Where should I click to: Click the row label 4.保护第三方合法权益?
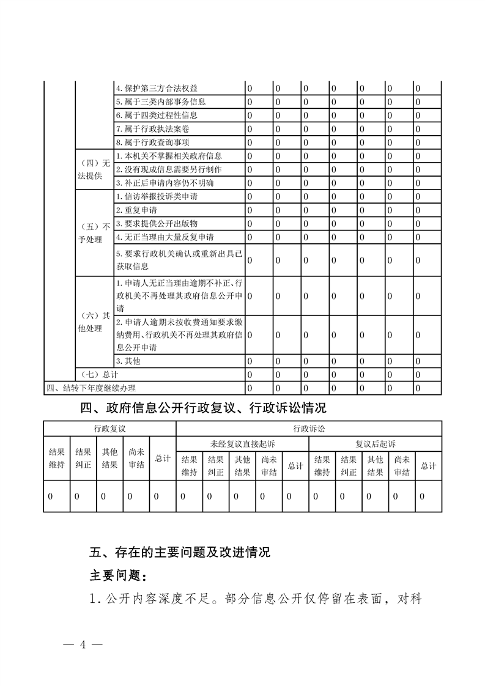click(x=157, y=88)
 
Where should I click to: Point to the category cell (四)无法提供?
click(x=94, y=169)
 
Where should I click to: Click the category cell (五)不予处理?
click(x=94, y=232)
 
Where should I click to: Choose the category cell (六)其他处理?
click(x=94, y=322)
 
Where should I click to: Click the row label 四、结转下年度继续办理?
click(x=92, y=388)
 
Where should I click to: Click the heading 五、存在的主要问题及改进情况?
click(x=180, y=553)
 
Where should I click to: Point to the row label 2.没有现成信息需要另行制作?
click(x=169, y=169)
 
